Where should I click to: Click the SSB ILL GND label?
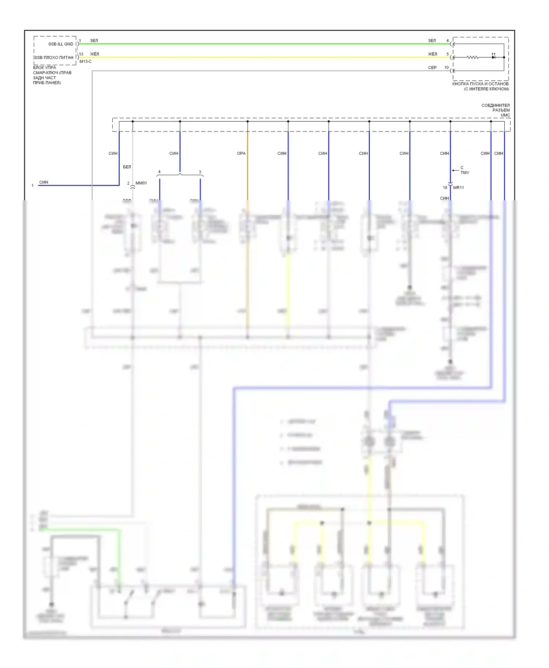[61, 44]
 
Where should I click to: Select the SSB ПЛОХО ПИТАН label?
[54, 58]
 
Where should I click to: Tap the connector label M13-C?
[86, 62]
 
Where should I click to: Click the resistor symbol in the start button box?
[473, 57]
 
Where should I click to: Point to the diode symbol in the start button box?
[493, 57]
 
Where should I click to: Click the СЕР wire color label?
[432, 68]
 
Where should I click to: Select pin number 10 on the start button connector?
[447, 68]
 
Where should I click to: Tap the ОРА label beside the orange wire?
[241, 153]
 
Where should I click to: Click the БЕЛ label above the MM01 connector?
[127, 167]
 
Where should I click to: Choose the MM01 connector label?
[141, 183]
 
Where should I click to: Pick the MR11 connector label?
[459, 188]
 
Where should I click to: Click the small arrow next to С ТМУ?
[455, 170]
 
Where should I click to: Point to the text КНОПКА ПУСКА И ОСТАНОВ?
[480, 84]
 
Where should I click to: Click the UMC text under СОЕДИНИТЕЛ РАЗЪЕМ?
[505, 115]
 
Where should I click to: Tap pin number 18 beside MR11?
[445, 188]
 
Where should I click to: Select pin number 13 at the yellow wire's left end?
[81, 54]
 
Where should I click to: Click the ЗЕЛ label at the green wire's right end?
[432, 41]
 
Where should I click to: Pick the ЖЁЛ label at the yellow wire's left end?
[94, 54]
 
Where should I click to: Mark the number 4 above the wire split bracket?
[159, 172]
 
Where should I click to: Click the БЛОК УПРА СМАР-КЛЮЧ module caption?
[52, 75]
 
